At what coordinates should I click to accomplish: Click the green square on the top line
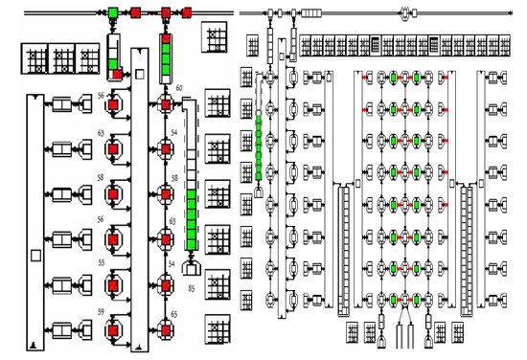[x=114, y=13]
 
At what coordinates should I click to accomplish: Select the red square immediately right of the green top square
[x=136, y=13]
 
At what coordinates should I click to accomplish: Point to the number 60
[x=179, y=87]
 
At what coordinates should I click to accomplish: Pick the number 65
[x=174, y=313]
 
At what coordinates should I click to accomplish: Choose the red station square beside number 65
[x=165, y=324]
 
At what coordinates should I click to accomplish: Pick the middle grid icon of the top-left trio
[x=63, y=57]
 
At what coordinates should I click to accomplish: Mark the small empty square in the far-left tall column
[x=35, y=255]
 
